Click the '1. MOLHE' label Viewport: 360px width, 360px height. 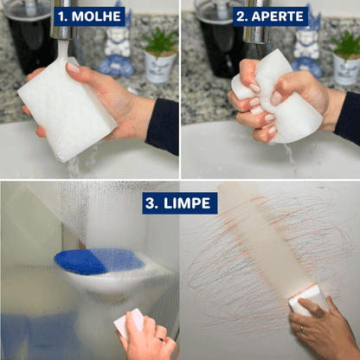click(x=88, y=16)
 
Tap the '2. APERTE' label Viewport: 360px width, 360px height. click(x=271, y=16)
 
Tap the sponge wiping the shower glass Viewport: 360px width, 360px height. click(x=127, y=323)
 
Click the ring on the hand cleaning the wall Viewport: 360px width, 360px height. click(x=302, y=329)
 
